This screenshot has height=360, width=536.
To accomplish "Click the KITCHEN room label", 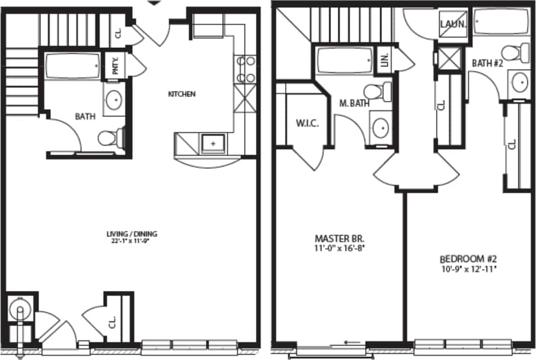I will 181,94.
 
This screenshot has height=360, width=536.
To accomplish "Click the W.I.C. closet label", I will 307,123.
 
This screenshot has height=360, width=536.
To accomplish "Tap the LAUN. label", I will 454,25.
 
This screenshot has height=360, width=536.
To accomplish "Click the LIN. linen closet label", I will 384,60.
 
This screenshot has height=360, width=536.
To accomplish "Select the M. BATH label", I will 354,104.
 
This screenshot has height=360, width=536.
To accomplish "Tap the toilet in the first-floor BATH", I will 111,138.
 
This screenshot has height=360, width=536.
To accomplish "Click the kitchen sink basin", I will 213,143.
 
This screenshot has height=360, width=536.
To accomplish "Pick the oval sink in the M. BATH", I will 380,128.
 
